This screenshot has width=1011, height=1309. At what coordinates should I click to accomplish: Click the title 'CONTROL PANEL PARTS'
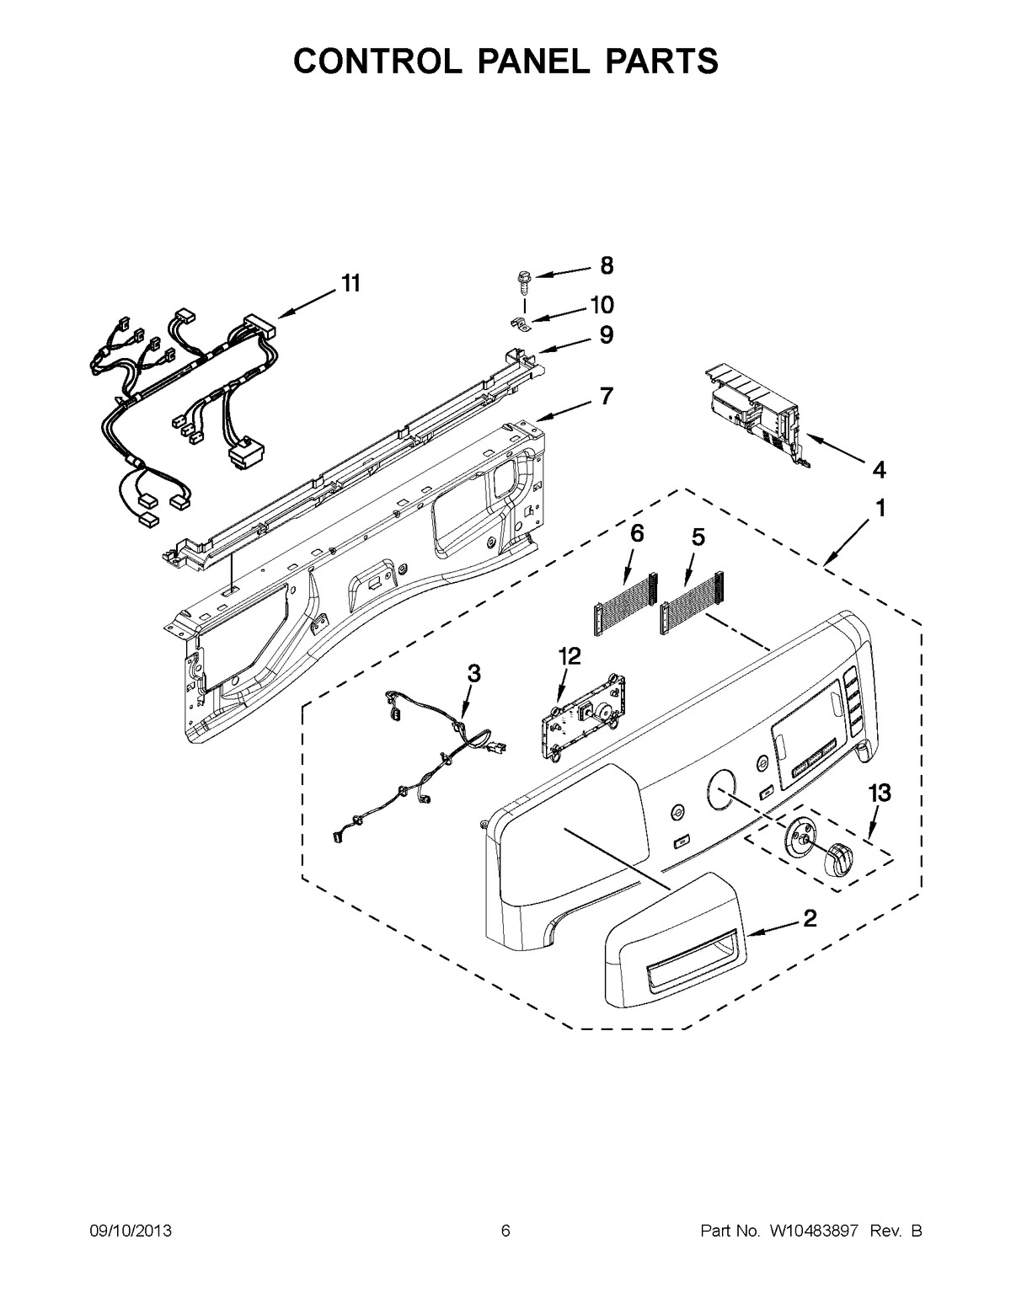point(505,61)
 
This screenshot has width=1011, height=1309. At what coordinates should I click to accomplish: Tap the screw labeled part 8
point(521,279)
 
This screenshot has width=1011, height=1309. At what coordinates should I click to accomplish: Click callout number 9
point(606,335)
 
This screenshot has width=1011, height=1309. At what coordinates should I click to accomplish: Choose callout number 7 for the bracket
point(606,395)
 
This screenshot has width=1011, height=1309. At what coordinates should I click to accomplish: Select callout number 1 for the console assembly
point(880,509)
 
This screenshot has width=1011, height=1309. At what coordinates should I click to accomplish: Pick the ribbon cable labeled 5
point(693,601)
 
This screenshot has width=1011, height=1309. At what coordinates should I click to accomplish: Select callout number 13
point(880,793)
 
